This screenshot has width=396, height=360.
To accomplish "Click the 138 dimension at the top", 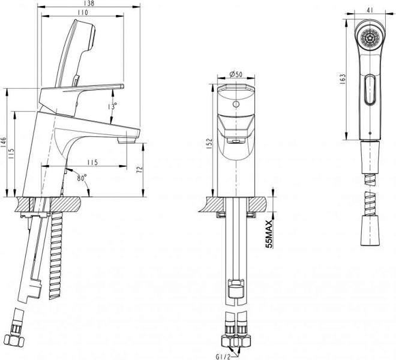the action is (x=88, y=3).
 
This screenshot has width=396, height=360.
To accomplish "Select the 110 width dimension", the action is (x=83, y=12).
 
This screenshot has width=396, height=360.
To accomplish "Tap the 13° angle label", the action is (x=112, y=106).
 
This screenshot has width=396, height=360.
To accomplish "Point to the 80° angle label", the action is (x=82, y=178).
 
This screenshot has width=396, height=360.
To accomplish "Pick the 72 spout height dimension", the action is (x=139, y=170).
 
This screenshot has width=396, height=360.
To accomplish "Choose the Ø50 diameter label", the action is (x=236, y=74).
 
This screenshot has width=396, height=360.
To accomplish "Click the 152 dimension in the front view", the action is (x=210, y=143).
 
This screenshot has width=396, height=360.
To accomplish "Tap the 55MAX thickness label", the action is (x=269, y=234).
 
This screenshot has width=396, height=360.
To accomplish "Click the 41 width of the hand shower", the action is (x=370, y=10).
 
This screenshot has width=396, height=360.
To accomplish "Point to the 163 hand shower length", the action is (x=342, y=79).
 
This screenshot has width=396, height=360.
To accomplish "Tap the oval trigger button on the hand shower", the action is (x=370, y=90).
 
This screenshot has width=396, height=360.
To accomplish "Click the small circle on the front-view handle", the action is (x=236, y=104).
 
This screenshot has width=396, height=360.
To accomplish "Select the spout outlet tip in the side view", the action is (x=127, y=140).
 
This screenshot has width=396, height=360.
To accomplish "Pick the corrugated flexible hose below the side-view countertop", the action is (x=56, y=255).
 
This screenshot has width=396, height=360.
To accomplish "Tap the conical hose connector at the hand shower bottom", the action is (x=370, y=230).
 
